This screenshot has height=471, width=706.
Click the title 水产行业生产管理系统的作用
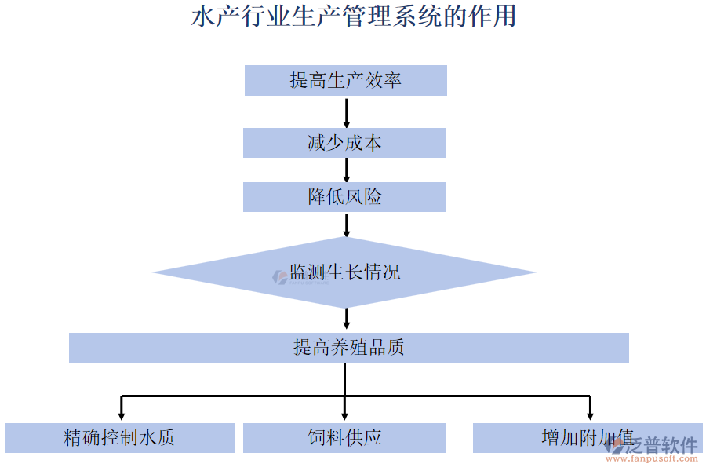pos(353,17)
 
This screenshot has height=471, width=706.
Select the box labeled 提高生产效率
pos(345,81)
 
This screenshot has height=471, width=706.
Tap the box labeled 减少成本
pos(344,143)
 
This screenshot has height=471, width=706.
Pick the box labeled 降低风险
pos(344,197)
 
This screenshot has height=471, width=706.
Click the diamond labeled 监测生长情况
pos(344,273)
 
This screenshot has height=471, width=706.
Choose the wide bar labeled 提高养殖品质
pos(348,348)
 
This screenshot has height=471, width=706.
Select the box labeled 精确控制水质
pos(119,438)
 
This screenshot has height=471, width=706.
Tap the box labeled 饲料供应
pos(344,438)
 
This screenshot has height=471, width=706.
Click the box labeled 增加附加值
pos(549,438)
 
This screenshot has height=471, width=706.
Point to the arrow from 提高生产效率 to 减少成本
pos(346,112)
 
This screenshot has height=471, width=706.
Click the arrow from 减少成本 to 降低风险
pos(346,170)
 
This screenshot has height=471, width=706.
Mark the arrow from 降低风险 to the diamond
pos(346,225)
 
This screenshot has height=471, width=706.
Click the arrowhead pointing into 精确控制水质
pos(121,414)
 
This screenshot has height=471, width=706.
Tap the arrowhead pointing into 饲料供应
pos(345,414)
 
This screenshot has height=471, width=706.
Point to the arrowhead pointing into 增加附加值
pos(590,414)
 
